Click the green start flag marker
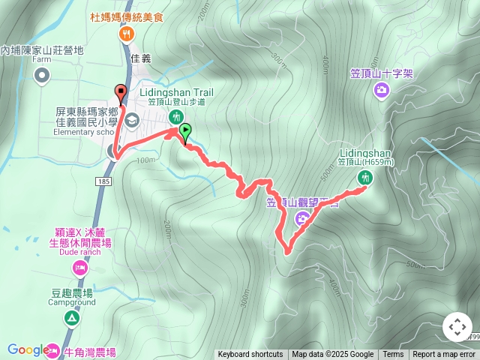point(184,131)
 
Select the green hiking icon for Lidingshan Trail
point(175,115)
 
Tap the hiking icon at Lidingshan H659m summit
point(365,178)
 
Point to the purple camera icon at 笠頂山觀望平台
point(301,218)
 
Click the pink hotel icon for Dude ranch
point(79,268)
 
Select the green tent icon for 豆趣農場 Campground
point(71,317)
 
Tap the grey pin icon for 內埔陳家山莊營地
point(42,74)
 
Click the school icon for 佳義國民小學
point(131,119)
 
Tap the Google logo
point(28,349)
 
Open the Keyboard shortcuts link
point(250,355)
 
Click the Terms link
point(393,355)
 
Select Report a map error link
point(444,355)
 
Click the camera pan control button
point(457,327)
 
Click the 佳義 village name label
point(141,58)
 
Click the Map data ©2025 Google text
point(332,355)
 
